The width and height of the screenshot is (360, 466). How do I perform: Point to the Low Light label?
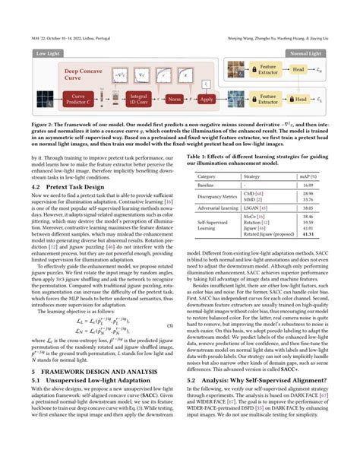[x=48, y=55]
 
